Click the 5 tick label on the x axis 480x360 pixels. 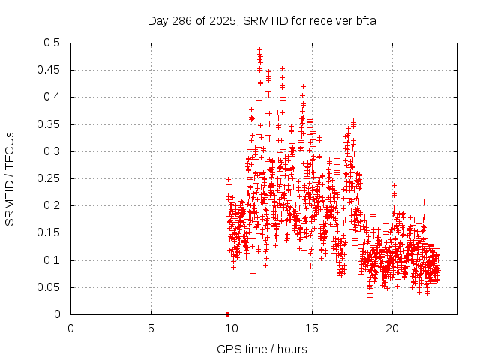pos(151,328)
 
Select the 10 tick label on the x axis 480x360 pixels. pos(231,328)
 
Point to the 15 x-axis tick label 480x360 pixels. pos(311,328)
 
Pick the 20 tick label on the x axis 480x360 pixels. pos(391,328)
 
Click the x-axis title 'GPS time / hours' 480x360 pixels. pos(262,349)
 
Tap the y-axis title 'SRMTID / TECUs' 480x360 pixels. pos(10,178)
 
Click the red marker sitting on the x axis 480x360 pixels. pos(227,314)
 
